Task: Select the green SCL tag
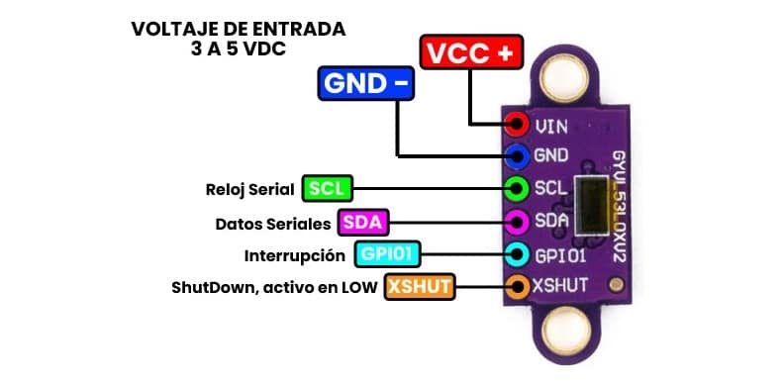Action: point(328,188)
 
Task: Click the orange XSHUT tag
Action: point(420,288)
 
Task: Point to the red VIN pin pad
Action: point(516,125)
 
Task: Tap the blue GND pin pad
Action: point(516,155)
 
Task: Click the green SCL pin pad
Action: point(516,188)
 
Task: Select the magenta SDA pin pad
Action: point(516,221)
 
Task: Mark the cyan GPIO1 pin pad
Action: point(516,254)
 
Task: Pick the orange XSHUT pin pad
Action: point(516,287)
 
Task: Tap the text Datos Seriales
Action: point(272,223)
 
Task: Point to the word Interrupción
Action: point(294,256)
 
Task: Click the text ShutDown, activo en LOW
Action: point(274,288)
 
